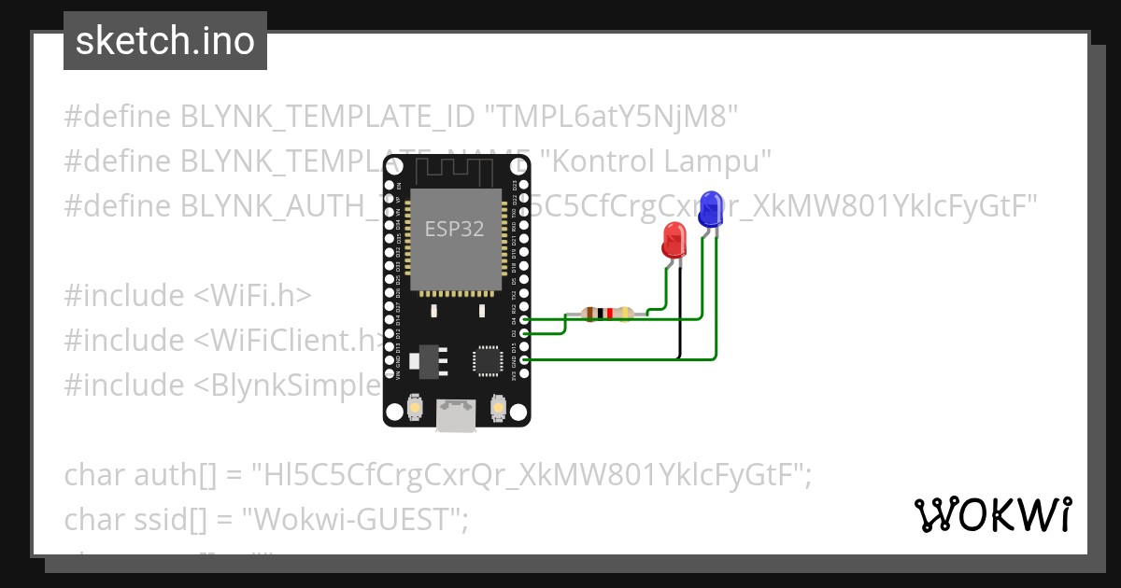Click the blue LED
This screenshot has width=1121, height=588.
710,208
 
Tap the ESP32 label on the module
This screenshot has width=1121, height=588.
455,228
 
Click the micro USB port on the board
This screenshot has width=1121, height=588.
457,415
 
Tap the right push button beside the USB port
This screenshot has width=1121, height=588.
498,408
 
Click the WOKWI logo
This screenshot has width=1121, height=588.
992,514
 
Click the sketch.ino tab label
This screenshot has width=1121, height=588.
164,41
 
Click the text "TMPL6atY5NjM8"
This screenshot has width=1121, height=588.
611,117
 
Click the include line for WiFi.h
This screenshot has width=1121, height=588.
187,295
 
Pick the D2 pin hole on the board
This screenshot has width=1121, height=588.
524,333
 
